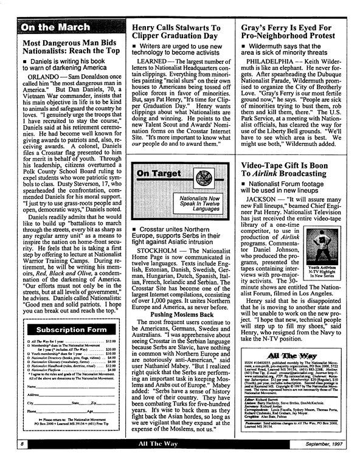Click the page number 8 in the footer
[x=5, y=462]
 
